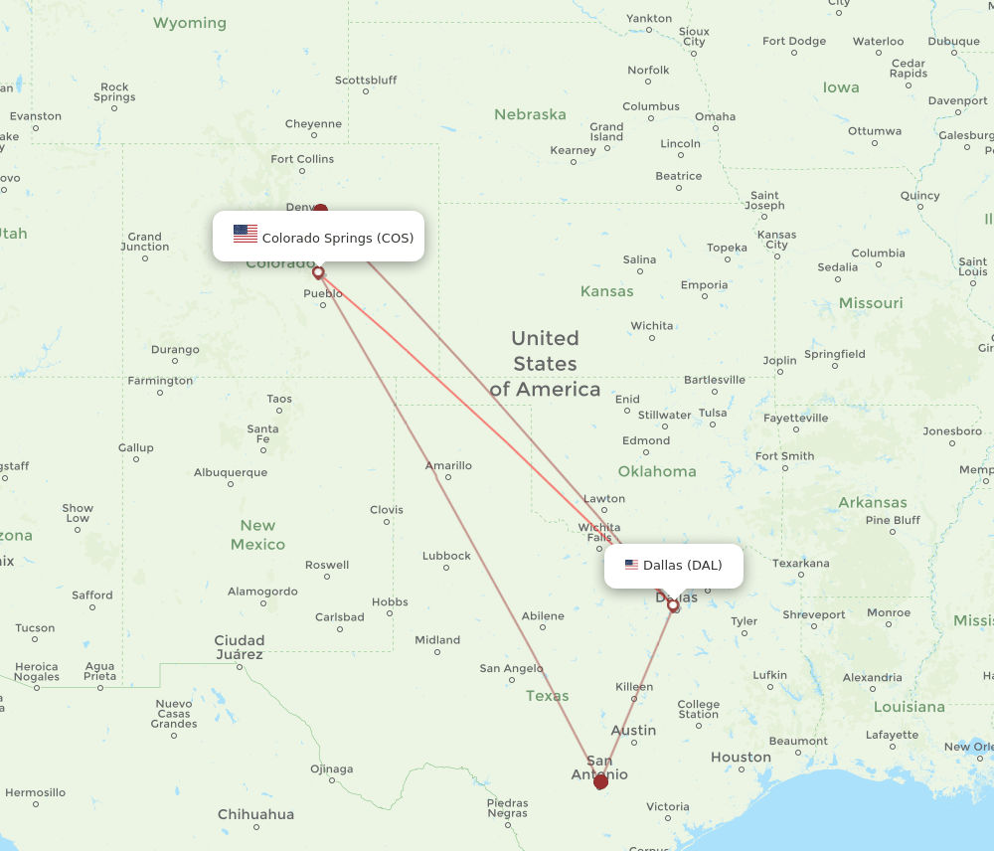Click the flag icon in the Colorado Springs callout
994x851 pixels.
(246, 234)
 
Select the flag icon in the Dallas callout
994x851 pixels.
(631, 565)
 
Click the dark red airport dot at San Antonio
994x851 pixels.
(600, 782)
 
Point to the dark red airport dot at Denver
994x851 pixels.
(320, 211)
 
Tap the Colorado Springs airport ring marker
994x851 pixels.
(318, 271)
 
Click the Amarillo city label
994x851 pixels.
(448, 465)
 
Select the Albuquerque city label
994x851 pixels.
(231, 472)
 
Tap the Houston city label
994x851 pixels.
(741, 758)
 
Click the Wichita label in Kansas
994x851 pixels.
(652, 325)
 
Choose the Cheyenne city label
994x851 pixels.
(313, 124)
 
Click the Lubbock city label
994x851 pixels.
(446, 556)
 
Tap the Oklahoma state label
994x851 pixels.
(657, 471)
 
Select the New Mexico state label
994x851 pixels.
(257, 535)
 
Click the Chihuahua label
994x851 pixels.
(256, 814)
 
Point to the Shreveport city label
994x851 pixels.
(814, 614)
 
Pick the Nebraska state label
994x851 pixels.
(530, 114)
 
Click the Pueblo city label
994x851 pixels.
(323, 293)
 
